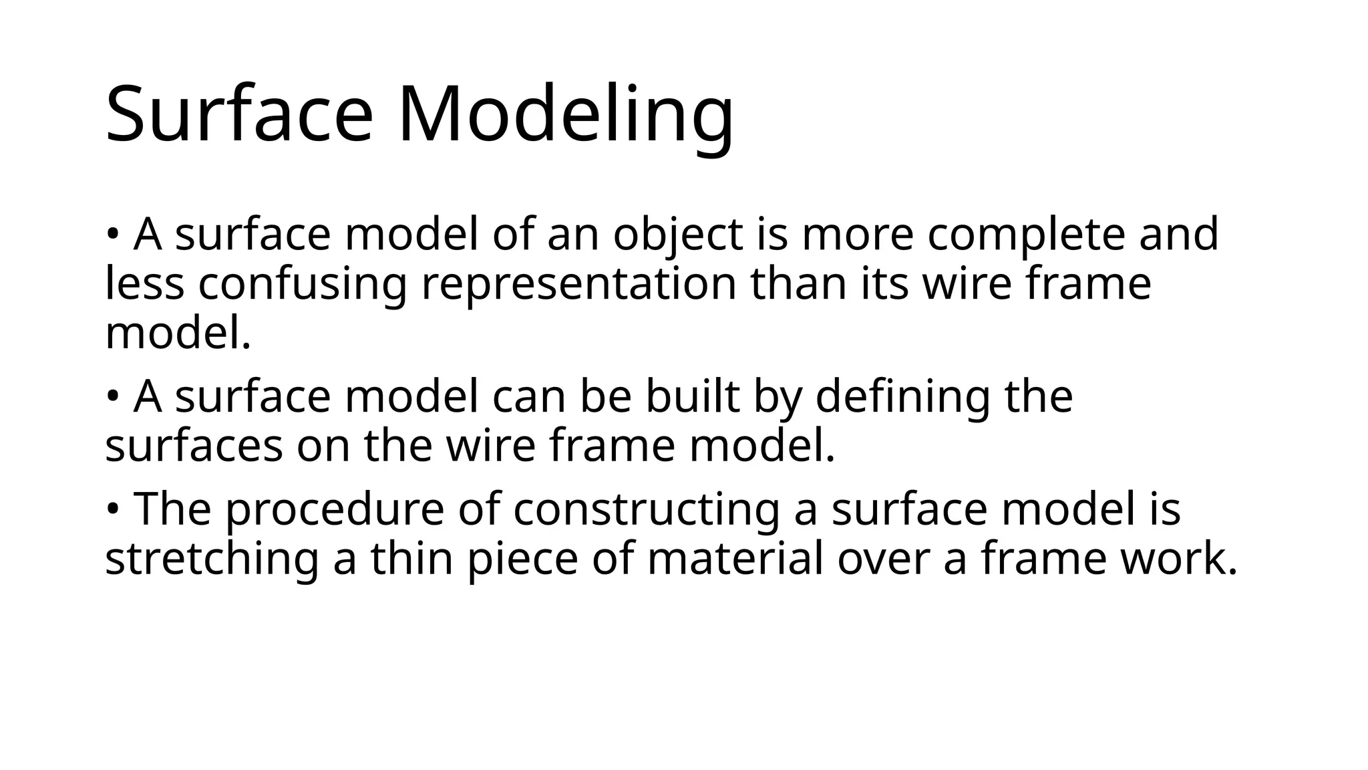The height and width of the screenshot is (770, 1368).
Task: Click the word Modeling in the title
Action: tap(566, 114)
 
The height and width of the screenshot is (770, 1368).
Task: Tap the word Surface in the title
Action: tap(238, 114)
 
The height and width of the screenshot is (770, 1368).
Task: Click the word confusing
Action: tap(302, 285)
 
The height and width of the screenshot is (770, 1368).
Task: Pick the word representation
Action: tap(578, 283)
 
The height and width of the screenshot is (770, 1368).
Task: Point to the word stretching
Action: tap(212, 560)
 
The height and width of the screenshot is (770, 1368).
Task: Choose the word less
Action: tap(144, 283)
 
